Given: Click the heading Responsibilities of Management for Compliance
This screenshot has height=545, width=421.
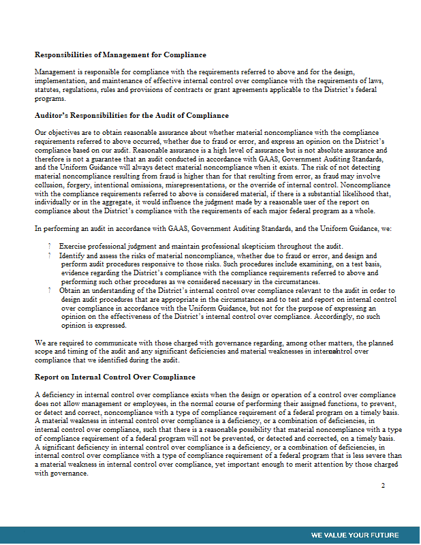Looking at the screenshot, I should point(121,54).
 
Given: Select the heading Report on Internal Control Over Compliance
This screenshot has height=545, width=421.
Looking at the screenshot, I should point(115,377).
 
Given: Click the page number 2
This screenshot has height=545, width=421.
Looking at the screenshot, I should point(383,486).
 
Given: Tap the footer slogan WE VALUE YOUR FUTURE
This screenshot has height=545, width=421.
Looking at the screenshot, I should point(355,535).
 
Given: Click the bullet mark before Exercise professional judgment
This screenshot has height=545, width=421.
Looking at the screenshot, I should point(50,246).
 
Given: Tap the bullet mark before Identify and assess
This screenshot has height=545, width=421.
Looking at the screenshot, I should point(50,255).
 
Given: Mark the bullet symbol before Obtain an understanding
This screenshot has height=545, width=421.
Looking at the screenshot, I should point(50,290).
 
